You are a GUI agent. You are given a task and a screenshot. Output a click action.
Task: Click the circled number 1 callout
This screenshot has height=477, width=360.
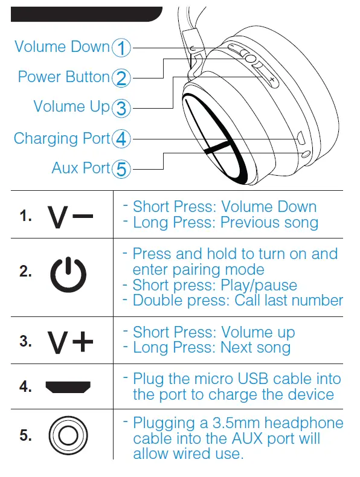122,48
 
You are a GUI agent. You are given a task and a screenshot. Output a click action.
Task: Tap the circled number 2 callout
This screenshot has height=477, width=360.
122,78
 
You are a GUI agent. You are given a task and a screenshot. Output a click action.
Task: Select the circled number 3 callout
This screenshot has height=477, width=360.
122,108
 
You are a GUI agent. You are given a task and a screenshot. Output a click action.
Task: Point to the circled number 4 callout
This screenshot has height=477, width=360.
122,139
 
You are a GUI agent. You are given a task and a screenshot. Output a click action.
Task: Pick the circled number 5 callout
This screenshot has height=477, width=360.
122,169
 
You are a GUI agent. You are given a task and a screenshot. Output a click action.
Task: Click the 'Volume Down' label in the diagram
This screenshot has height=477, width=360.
62,47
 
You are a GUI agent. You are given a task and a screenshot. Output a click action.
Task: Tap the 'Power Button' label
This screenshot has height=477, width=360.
63,77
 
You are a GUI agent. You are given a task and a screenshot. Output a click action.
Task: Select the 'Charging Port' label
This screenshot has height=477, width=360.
62,139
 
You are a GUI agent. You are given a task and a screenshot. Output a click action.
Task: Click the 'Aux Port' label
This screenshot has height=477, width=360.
81,168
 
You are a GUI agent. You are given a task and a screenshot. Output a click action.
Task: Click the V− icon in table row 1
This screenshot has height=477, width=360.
71,217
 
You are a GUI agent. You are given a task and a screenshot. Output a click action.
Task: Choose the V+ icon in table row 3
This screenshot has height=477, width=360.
71,342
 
